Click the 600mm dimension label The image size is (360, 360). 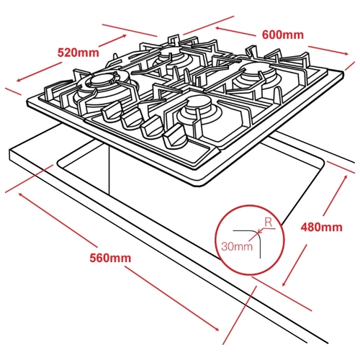tap(283, 35)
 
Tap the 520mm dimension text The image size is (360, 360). tap(78, 53)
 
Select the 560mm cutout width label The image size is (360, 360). tap(110, 258)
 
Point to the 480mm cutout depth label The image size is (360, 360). tap(322, 227)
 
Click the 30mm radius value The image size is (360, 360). tap(237, 246)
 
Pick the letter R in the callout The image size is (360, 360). tap(269, 223)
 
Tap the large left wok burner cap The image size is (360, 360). tap(101, 79)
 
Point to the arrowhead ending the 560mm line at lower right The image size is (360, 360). tap(217, 328)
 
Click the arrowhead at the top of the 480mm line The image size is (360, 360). tap(345, 178)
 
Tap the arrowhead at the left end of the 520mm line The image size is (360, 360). tap(19, 80)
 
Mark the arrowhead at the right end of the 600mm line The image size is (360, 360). tap(346, 54)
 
